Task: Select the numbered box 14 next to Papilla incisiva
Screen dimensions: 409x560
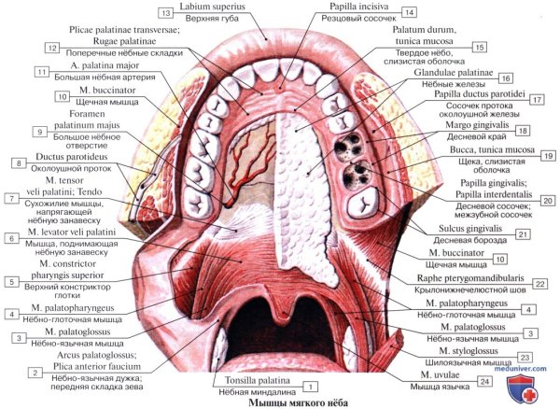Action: (x=409, y=13)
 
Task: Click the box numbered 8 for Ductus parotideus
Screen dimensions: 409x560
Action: (x=18, y=163)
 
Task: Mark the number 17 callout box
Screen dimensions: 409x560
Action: (x=536, y=98)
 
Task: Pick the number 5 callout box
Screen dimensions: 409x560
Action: (x=12, y=281)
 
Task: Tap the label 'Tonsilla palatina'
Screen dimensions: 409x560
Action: (x=259, y=380)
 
